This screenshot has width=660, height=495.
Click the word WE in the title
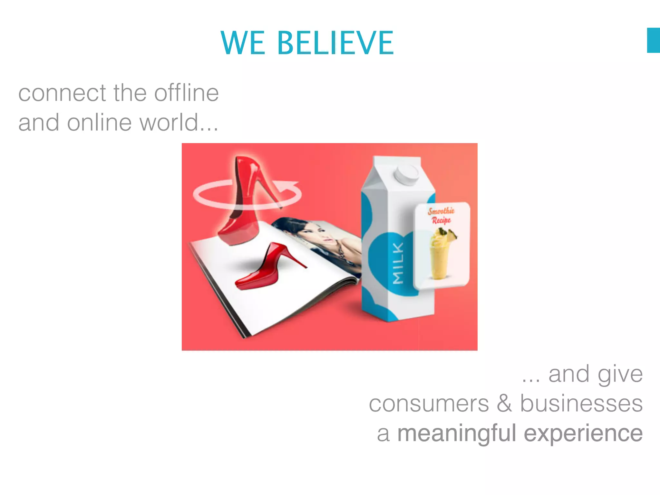(243, 43)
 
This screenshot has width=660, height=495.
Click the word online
(99, 122)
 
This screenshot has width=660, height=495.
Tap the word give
(620, 375)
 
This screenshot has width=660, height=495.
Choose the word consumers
(429, 403)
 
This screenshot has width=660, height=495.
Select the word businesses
(581, 403)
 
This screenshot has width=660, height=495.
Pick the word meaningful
(457, 433)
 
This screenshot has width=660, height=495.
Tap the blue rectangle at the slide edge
(653, 40)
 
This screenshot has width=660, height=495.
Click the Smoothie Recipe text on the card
(441, 216)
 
